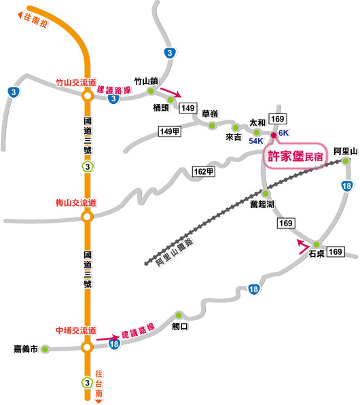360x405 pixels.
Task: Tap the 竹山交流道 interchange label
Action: point(76,83)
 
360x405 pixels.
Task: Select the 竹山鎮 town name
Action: point(146,82)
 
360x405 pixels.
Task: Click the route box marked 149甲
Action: point(169,131)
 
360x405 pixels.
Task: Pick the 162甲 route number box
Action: point(204,171)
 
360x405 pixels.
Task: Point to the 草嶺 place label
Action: point(210,113)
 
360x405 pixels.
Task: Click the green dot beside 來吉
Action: point(236,128)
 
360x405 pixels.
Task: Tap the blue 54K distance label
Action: point(256,141)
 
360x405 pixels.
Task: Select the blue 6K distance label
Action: point(283,133)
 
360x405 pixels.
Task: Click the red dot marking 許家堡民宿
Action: point(274,135)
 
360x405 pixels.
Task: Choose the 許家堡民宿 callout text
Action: point(295,156)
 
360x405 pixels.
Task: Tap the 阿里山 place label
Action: point(346,152)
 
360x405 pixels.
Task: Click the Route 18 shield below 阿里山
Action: point(346,186)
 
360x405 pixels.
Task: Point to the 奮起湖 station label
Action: point(262,204)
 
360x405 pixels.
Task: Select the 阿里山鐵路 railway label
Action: point(174,253)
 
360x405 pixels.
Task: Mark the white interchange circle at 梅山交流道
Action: point(87,217)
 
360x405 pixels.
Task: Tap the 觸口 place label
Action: point(180,326)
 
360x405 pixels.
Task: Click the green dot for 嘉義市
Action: point(45,349)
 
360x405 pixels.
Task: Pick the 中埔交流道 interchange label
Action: point(76,331)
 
